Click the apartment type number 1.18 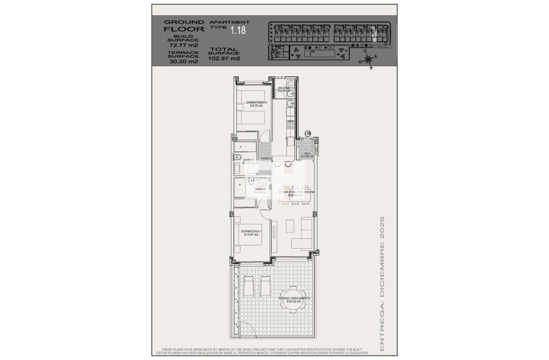coord(237,30)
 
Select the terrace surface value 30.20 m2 coord(183,61)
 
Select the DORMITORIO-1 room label coord(251,232)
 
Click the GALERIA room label coord(284,89)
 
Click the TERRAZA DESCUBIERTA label coord(293,299)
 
